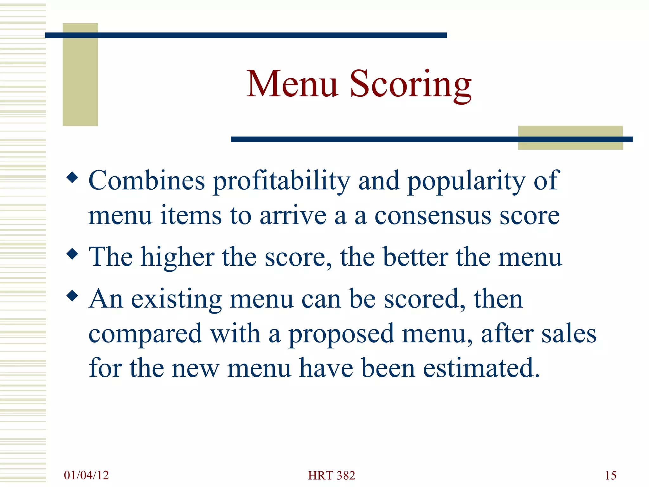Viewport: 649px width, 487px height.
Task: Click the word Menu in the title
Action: point(292,84)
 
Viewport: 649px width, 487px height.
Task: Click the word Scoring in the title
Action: point(411,85)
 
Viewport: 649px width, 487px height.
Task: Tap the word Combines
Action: point(147,180)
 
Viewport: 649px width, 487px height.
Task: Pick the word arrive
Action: point(293,216)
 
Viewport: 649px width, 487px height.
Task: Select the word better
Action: point(415,257)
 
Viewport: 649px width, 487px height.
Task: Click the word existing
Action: point(176,299)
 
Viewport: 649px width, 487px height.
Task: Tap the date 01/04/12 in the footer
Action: point(86,475)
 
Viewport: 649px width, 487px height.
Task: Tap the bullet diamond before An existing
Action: point(73,296)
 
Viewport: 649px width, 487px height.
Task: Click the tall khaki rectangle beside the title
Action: point(80,75)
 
